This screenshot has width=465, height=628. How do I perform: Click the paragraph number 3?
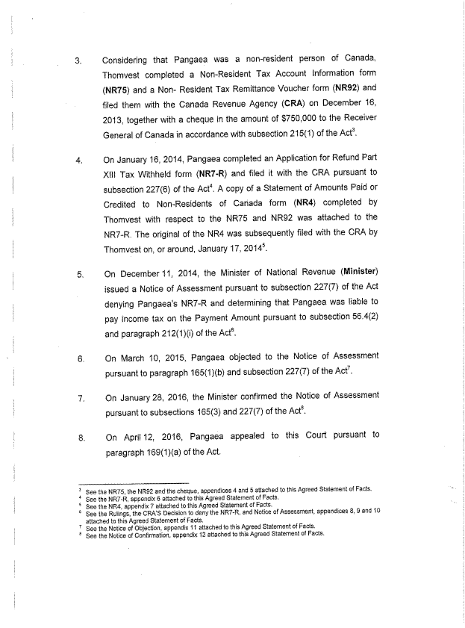pyautogui.click(x=79, y=60)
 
